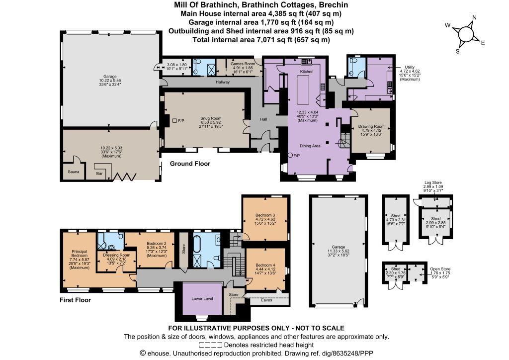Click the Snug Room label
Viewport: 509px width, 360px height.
211,118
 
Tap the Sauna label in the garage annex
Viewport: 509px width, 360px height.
74,172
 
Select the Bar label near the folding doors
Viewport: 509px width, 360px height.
99,174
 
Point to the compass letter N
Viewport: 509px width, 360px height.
474,17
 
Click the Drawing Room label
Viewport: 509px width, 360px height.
371,126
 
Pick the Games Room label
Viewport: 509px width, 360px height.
243,64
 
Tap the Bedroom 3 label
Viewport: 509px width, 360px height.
265,215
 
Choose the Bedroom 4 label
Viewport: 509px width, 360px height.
265,265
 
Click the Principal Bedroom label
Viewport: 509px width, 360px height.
80,254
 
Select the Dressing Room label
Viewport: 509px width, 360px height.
116,255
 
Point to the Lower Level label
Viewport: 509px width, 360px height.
202,299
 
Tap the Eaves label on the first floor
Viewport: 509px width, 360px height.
266,300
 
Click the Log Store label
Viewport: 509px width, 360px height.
433,183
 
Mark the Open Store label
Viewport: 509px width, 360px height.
440,269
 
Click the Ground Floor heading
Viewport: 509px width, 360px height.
190,164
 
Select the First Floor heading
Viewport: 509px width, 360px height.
76,300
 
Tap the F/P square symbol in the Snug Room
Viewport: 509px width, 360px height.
174,121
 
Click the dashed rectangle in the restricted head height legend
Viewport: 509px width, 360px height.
210,345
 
